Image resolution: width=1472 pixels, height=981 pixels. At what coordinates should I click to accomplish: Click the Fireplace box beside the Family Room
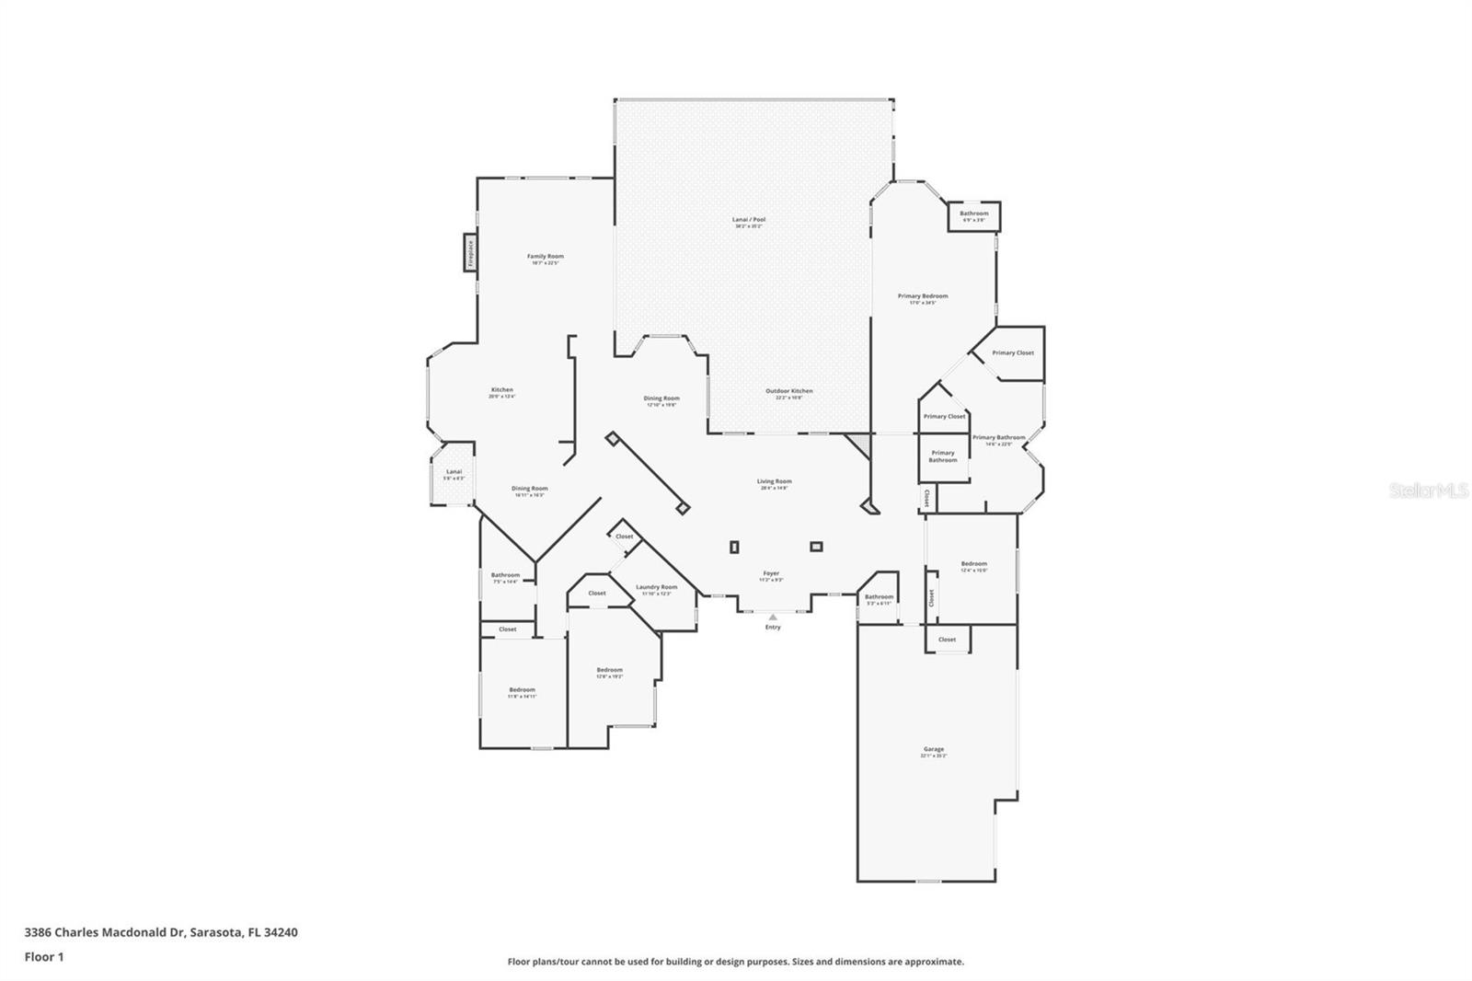click(x=469, y=253)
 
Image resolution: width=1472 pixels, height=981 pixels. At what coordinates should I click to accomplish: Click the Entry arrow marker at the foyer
click(x=773, y=617)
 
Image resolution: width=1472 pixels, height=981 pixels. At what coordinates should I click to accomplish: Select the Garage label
click(x=934, y=751)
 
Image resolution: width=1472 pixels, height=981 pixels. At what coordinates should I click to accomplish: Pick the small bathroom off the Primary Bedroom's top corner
click(x=973, y=216)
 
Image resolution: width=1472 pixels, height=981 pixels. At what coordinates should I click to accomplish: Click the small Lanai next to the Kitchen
click(x=454, y=474)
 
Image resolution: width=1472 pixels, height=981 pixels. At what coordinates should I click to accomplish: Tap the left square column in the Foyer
click(x=733, y=547)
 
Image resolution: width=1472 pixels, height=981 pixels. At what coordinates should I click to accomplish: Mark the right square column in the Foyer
click(x=816, y=546)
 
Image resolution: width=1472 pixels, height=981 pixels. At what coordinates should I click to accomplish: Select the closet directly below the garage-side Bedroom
click(x=947, y=639)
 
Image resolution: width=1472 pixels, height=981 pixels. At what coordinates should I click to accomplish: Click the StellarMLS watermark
click(x=1428, y=491)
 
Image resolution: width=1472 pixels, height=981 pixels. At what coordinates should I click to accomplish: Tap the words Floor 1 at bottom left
click(x=44, y=957)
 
